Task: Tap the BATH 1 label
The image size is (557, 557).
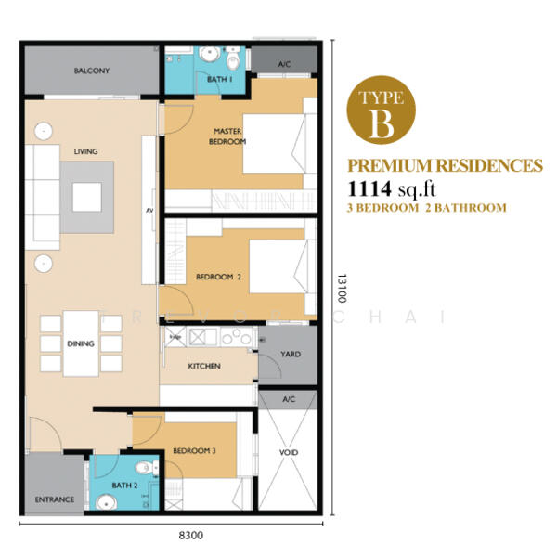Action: pos(219,80)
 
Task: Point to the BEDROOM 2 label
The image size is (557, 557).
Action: pos(218,277)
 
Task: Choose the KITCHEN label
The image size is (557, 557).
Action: pos(204,367)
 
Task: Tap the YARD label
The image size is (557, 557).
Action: pos(291,354)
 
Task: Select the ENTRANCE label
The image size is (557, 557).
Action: pos(55,499)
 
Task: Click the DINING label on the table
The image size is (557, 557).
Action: pos(81,343)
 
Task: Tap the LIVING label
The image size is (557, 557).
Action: pos(86,151)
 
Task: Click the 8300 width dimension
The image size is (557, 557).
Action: pos(190,536)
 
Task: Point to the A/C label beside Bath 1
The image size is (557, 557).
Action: pos(285,64)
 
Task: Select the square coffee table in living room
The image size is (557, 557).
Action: pos(88,196)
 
